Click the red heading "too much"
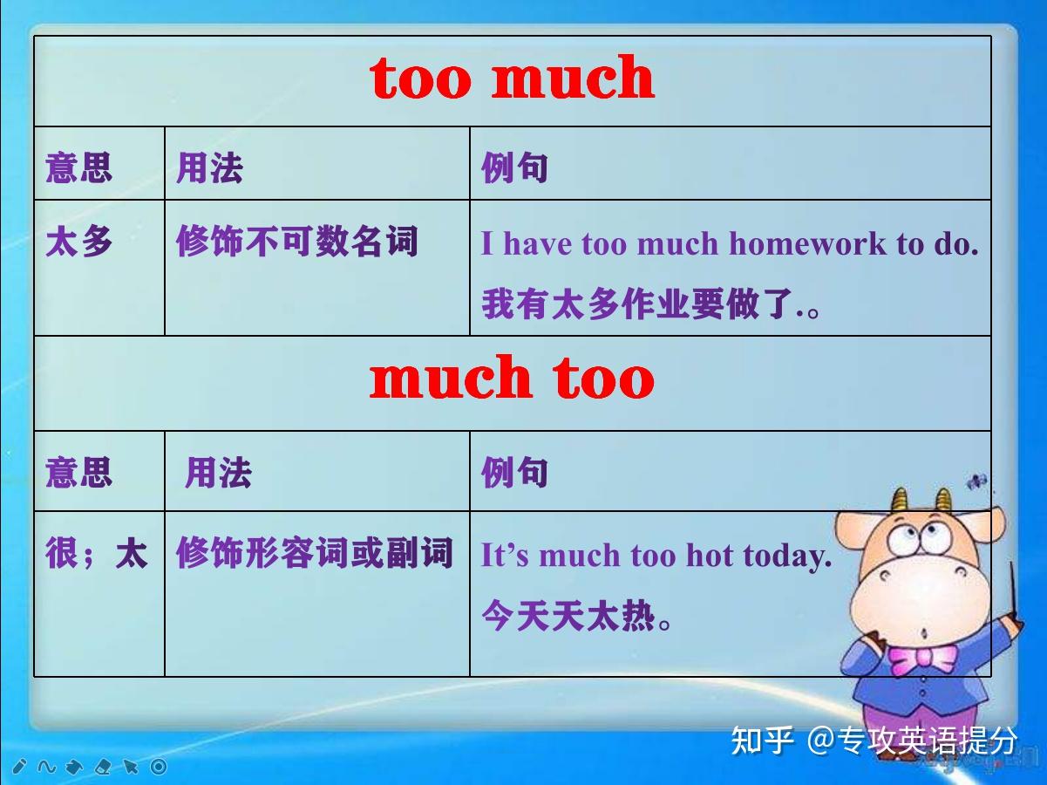coord(512,77)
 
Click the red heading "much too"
coord(512,377)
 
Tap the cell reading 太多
coord(79,242)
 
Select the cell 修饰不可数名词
coord(297,241)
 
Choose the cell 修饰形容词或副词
coord(315,553)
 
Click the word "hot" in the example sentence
coord(710,556)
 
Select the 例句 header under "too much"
coord(514,168)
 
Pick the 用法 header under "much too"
coord(219,473)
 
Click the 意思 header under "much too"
coord(79,472)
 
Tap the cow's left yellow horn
coord(899,501)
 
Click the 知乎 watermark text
coord(763,741)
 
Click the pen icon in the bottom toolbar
coord(19,767)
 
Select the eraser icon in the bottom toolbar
coord(103,767)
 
